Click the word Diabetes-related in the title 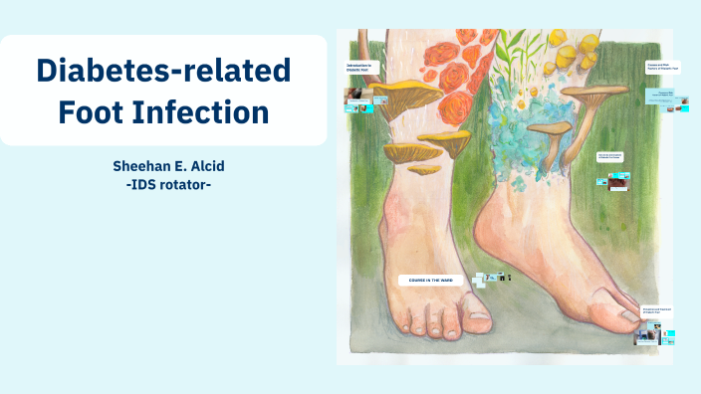(x=163, y=70)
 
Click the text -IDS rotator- (x=163, y=184)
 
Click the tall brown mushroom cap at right (x=596, y=93)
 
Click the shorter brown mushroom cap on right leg (x=549, y=127)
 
